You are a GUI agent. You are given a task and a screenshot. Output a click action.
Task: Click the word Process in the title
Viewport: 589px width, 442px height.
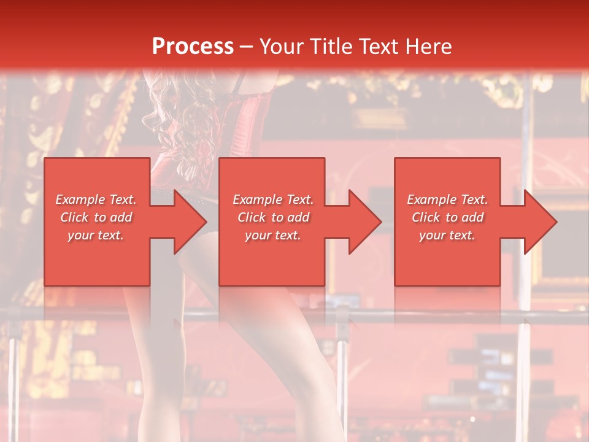click(193, 47)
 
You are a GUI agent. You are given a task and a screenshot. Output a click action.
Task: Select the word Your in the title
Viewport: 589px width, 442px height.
click(282, 47)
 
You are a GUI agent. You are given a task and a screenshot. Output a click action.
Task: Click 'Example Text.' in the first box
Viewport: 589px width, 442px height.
click(96, 200)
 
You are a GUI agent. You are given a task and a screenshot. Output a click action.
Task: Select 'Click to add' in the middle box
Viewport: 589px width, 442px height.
click(273, 217)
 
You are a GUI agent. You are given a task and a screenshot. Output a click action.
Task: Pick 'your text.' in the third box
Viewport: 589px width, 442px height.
click(447, 235)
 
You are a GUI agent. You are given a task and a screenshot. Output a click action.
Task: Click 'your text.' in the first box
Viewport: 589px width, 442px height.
click(96, 235)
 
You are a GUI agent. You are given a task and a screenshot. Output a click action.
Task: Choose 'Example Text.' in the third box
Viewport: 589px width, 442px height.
click(447, 200)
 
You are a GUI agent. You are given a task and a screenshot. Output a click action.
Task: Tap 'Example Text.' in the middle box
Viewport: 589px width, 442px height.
click(273, 200)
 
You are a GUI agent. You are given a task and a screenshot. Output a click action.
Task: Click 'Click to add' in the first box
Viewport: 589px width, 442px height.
click(96, 217)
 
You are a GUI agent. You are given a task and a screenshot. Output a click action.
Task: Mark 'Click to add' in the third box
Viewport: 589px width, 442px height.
click(447, 217)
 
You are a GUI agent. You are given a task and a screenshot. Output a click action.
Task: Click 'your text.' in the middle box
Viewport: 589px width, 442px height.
click(273, 235)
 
